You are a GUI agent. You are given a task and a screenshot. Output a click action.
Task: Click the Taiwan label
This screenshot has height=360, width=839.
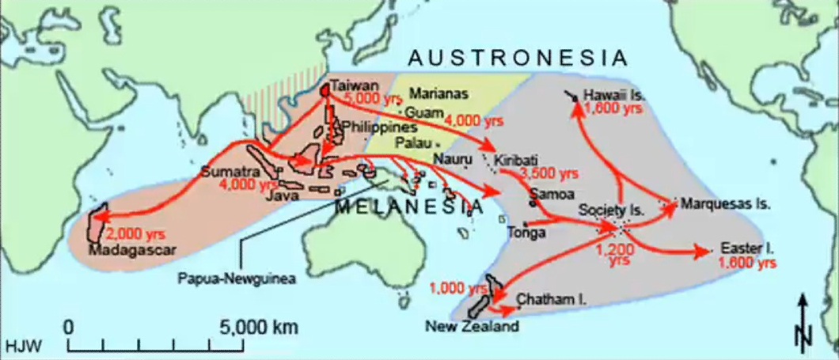(x=350, y=85)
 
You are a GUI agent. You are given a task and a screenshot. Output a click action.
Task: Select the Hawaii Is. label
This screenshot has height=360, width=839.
(x=614, y=96)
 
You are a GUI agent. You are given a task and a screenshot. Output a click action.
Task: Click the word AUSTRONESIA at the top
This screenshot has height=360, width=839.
(x=518, y=58)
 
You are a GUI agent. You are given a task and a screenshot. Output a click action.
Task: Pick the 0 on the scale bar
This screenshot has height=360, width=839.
(x=69, y=327)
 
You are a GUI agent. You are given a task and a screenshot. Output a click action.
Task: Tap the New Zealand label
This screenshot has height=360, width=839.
(x=472, y=326)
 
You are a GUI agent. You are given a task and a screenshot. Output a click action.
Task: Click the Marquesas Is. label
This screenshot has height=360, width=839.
(x=725, y=203)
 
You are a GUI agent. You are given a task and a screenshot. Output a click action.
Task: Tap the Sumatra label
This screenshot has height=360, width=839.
(x=225, y=172)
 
